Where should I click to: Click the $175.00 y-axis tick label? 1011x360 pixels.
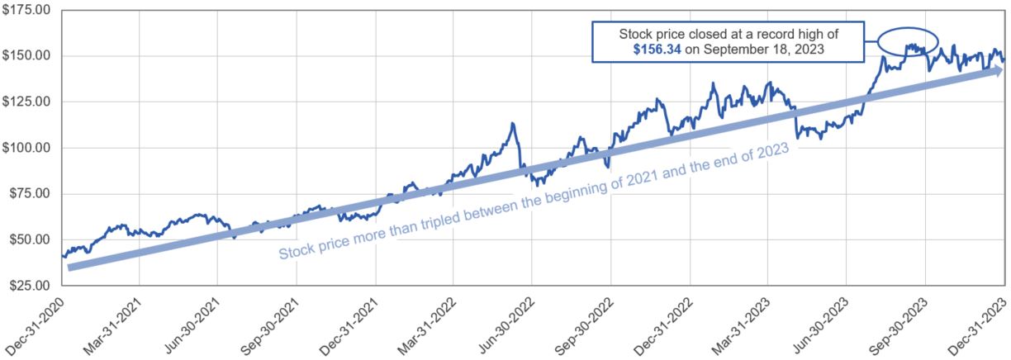[x=26, y=10]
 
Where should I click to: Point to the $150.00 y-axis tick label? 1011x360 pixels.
[x=26, y=56]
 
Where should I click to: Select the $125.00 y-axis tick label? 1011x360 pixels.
[x=26, y=102]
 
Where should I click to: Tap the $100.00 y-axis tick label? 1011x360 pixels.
[x=26, y=148]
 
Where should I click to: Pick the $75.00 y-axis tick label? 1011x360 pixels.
[x=28, y=194]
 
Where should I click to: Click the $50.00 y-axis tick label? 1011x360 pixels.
[x=28, y=239]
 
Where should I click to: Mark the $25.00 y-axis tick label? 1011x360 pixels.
[x=28, y=286]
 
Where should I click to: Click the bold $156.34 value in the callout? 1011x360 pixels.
[x=657, y=51]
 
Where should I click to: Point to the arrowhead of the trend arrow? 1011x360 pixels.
[x=995, y=70]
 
